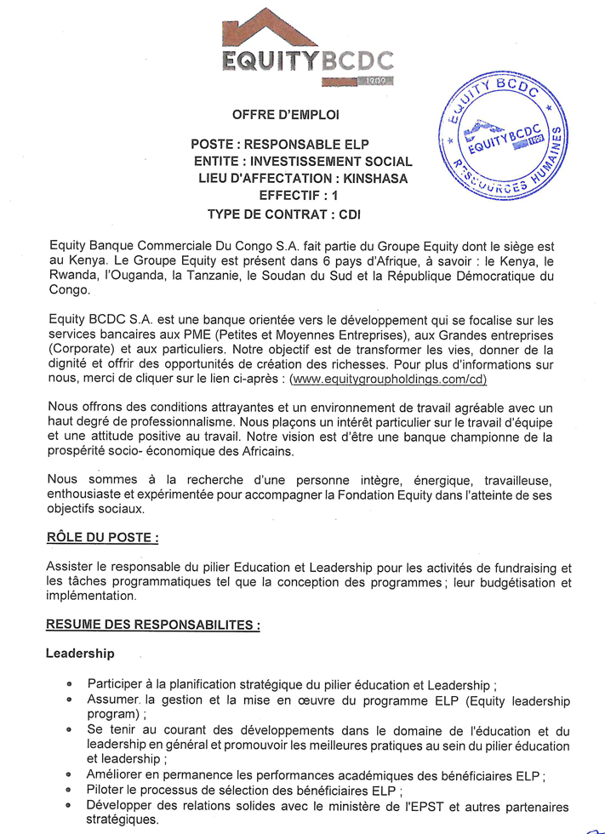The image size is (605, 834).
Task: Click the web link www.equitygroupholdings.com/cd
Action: click(388, 379)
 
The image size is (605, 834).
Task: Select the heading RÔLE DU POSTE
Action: click(103, 538)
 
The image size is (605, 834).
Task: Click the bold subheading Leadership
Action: click(80, 654)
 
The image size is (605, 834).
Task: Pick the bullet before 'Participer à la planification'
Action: click(69, 685)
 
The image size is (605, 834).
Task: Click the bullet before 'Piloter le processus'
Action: click(69, 791)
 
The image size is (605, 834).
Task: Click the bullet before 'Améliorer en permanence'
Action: click(69, 775)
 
